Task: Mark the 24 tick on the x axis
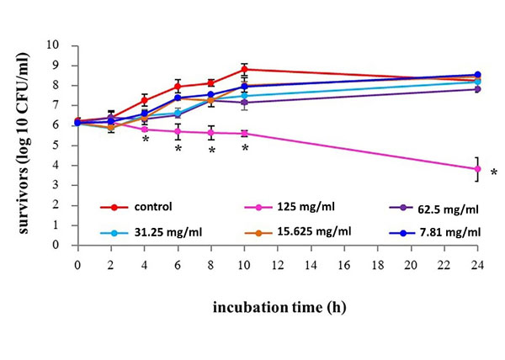pyautogui.click(x=477, y=262)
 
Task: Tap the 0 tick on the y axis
pyautogui.click(x=59, y=246)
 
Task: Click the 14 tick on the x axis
pyautogui.click(x=311, y=262)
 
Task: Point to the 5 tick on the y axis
pyautogui.click(x=59, y=145)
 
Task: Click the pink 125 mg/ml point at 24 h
pyautogui.click(x=477, y=169)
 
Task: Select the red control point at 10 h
pyautogui.click(x=244, y=69)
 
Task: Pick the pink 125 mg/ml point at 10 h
pyautogui.click(x=244, y=133)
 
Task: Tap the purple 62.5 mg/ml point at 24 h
pyautogui.click(x=477, y=88)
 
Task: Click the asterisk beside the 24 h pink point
pyautogui.click(x=494, y=173)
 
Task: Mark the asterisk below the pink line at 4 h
pyautogui.click(x=145, y=139)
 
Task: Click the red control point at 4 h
pyautogui.click(x=145, y=100)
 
